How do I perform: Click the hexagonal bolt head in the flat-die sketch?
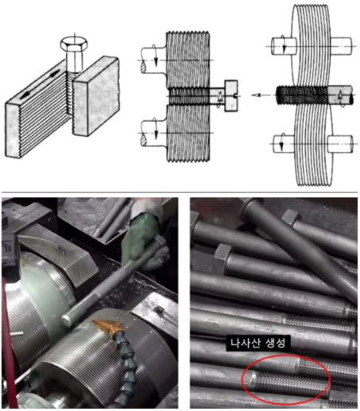[74, 44]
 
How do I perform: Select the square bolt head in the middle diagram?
[231, 95]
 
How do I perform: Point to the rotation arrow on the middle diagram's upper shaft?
[155, 56]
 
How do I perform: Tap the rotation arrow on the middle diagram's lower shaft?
[155, 129]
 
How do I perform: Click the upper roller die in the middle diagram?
[188, 60]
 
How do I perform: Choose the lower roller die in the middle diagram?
[188, 133]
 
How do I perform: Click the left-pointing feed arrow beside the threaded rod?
[260, 95]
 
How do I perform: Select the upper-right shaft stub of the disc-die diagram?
[341, 46]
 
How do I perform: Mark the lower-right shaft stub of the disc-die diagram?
[340, 144]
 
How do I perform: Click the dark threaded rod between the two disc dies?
[302, 95]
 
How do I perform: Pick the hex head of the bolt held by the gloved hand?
[159, 242]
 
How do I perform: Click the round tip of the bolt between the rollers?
[67, 320]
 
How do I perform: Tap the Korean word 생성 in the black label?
[275, 343]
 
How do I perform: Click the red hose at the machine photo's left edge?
[9, 344]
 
